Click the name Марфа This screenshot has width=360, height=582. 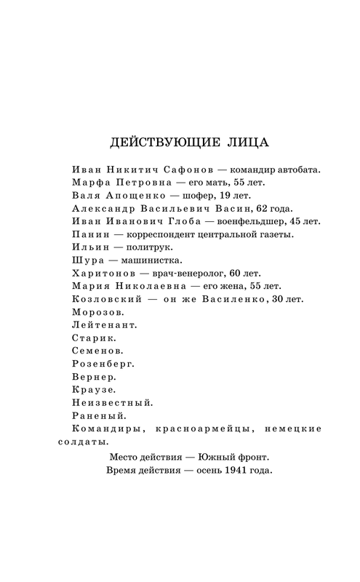tap(92, 183)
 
